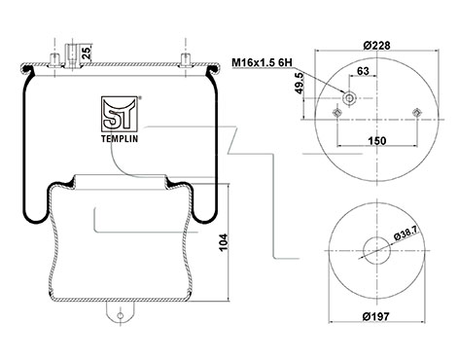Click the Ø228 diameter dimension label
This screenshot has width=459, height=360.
pos(376,46)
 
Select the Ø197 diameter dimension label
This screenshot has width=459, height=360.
pos(376,316)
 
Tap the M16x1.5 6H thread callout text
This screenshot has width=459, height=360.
pos(262,62)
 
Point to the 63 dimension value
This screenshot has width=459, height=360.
pos(363,71)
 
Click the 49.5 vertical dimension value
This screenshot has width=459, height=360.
pos(300,83)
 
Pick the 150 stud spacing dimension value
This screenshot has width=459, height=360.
pos(377,141)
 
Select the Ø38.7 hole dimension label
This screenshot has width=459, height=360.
pos(406,234)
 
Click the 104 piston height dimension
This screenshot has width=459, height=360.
pos(224,242)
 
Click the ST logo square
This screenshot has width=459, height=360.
pos(120,114)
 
